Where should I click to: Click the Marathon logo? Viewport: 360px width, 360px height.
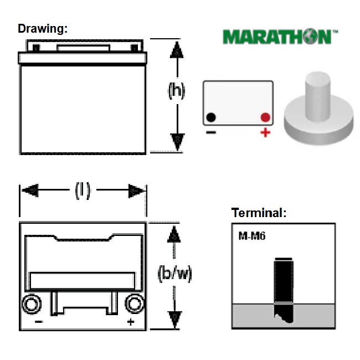[x=280, y=36]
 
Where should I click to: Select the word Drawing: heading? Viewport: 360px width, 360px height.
[x=43, y=29]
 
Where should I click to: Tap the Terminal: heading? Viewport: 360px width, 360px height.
[x=259, y=213]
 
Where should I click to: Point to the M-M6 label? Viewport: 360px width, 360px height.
[x=252, y=236]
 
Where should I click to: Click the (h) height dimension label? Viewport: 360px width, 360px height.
[x=177, y=90]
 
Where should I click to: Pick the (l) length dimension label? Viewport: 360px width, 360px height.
[x=83, y=191]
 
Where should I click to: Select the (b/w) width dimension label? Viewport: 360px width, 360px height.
[x=174, y=274]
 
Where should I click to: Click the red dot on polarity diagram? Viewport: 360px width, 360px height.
[x=265, y=117]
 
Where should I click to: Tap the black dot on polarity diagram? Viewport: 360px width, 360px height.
[x=211, y=117]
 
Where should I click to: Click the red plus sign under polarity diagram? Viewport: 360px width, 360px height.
[x=265, y=132]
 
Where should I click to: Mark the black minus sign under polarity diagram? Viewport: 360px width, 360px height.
[x=211, y=132]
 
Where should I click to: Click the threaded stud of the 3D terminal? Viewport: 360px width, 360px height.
[x=318, y=96]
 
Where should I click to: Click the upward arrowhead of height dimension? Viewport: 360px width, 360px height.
[x=177, y=50]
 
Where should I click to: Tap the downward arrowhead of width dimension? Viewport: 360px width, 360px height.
[x=174, y=320]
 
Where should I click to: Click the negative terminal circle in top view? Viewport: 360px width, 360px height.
[x=32, y=304]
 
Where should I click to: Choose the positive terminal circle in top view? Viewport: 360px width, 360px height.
[x=135, y=304]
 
